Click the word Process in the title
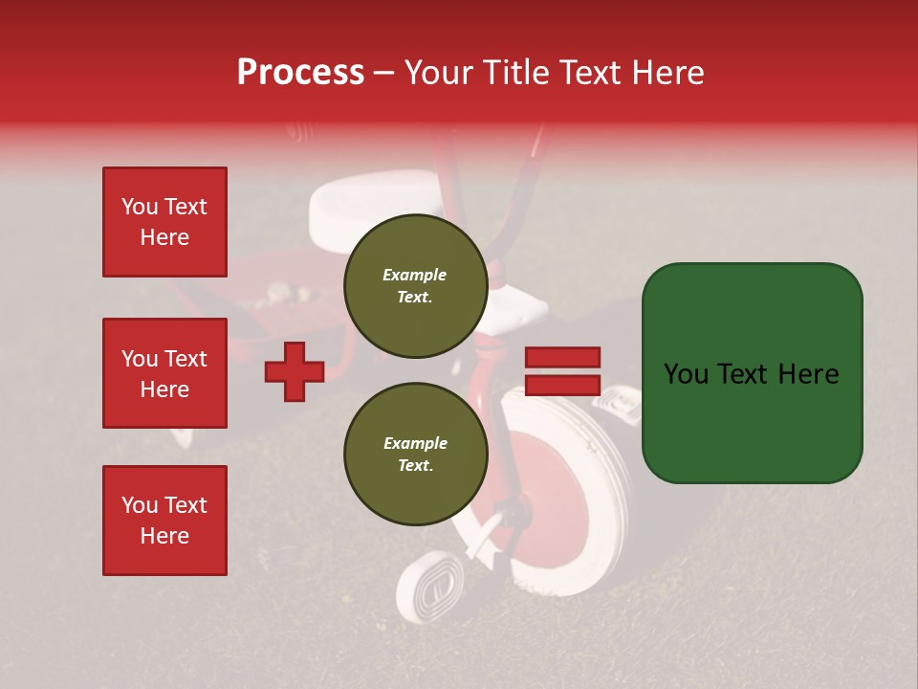(300, 73)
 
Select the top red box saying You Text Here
(164, 222)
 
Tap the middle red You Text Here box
(164, 373)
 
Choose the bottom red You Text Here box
(164, 521)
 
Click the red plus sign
(295, 369)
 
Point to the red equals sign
(562, 371)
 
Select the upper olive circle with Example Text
(415, 286)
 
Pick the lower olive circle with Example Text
(415, 455)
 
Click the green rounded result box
(752, 373)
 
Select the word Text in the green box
(751, 374)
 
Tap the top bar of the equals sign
(562, 358)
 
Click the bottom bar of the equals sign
(562, 385)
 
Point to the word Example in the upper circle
(415, 275)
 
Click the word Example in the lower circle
(415, 443)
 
